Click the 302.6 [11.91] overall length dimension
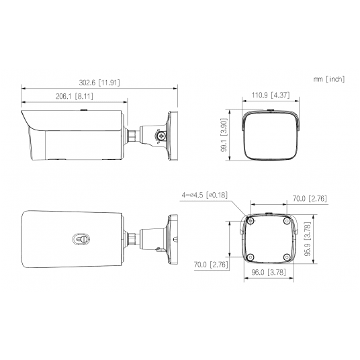click(x=99, y=83)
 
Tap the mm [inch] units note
click(x=328, y=79)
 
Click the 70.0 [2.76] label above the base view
click(x=308, y=199)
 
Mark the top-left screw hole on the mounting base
click(x=251, y=221)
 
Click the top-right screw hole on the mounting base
click(x=286, y=221)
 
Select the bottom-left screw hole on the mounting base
click(x=251, y=257)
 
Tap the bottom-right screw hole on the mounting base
click(x=286, y=257)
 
